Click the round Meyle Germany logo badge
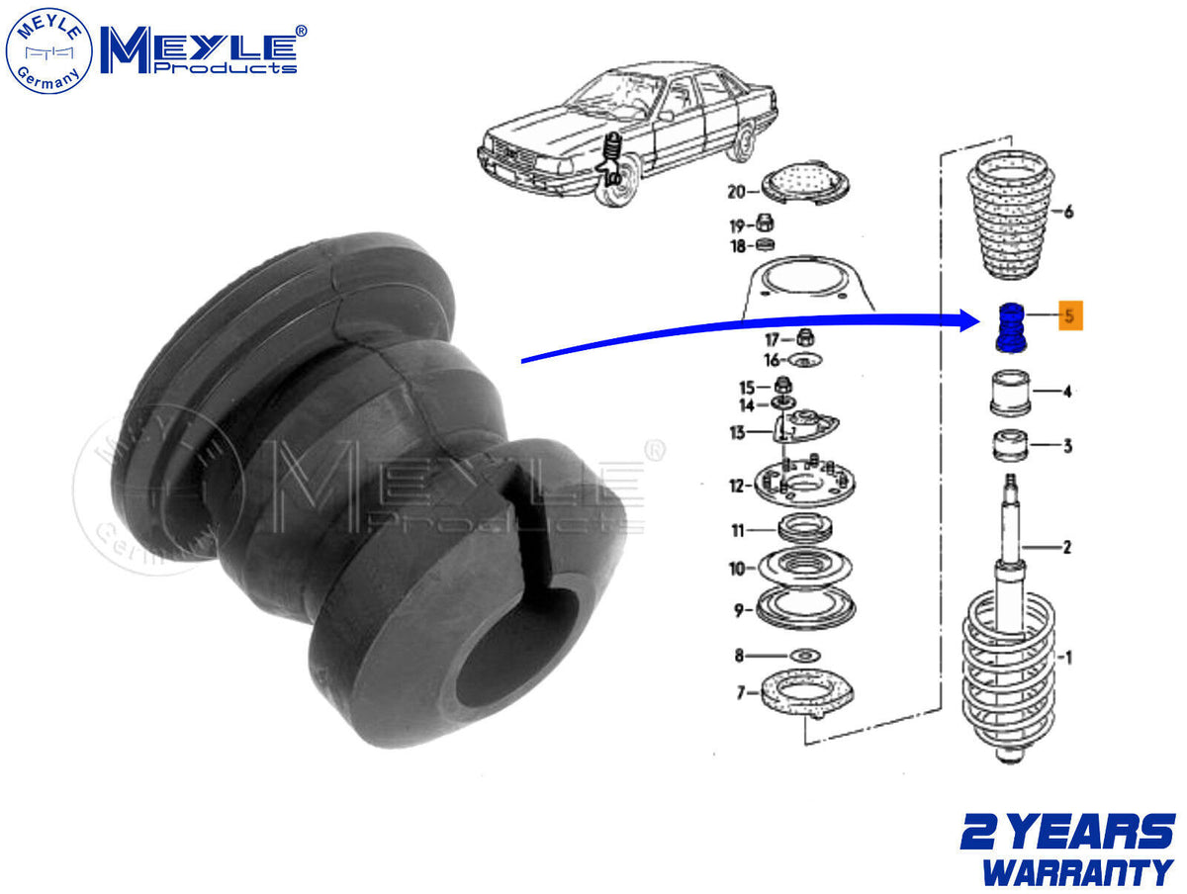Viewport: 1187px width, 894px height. (x=48, y=50)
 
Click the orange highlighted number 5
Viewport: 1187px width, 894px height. (x=1069, y=315)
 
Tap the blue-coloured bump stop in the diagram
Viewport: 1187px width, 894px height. (x=1011, y=328)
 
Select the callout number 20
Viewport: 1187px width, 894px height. (x=737, y=191)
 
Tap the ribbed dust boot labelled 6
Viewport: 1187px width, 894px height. (x=1011, y=217)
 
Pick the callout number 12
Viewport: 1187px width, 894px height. (x=738, y=486)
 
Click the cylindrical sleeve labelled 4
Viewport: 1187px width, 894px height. (x=1010, y=393)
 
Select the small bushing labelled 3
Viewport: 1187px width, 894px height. (x=1010, y=445)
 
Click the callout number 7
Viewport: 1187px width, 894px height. (x=741, y=693)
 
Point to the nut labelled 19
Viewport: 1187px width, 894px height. (x=765, y=223)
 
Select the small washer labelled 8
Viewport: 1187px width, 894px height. (x=805, y=657)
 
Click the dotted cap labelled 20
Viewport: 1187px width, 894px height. (x=805, y=184)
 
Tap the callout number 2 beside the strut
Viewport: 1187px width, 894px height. (x=1067, y=548)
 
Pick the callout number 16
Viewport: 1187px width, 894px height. (x=772, y=360)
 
